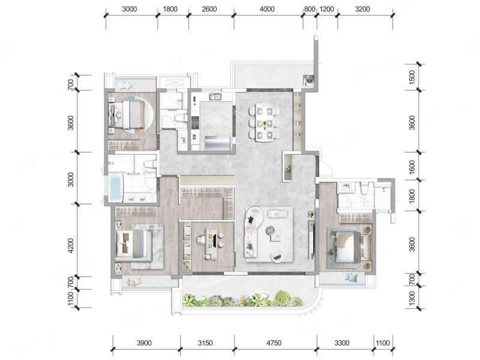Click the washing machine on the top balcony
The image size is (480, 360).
click(x=308, y=80)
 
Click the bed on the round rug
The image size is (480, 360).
click(x=127, y=115)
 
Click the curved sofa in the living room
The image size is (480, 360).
click(x=253, y=232)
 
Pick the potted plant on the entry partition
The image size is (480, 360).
click(x=288, y=169)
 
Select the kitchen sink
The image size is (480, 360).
click(x=215, y=97)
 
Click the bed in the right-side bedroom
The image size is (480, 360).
click(x=347, y=247)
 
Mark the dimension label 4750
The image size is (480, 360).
click(x=274, y=343)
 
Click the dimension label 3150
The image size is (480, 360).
click(x=205, y=343)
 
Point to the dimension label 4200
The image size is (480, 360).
click(x=71, y=245)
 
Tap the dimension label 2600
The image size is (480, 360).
click(x=209, y=9)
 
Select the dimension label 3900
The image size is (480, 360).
click(x=144, y=343)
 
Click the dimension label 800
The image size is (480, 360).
click(x=310, y=9)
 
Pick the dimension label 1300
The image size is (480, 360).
click(x=412, y=298)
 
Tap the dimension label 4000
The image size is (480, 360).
click(x=267, y=9)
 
